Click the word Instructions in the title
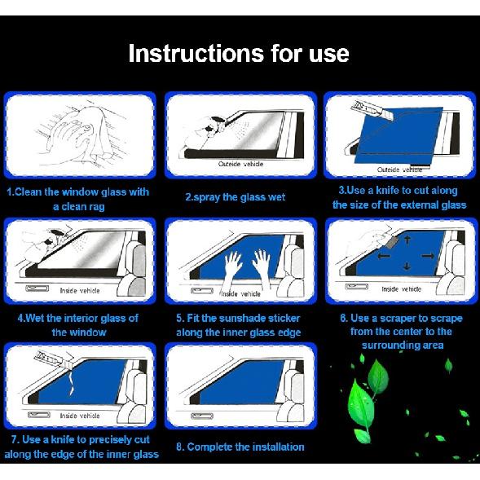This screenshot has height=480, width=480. coord(196,53)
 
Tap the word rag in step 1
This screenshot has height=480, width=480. coord(97,208)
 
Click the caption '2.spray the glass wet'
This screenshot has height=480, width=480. coord(235,197)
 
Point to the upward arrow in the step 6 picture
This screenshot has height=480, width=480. coord(407,239)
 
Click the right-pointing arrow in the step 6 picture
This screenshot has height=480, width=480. coord(428,256)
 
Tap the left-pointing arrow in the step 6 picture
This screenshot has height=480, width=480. coord(384,256)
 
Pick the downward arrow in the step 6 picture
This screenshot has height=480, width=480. coord(407,266)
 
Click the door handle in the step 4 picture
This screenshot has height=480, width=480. coord(37,288)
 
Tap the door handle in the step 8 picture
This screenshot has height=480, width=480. coord(202,416)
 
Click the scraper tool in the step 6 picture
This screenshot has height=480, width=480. coord(390,242)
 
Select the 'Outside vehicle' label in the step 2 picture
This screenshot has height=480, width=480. coord(241,164)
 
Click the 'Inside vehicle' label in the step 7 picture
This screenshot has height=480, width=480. coord(80,416)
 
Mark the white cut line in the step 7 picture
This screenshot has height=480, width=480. coord(72,382)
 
